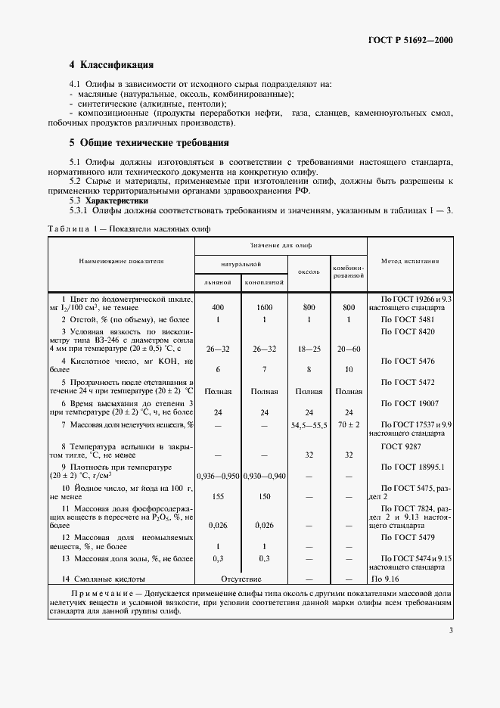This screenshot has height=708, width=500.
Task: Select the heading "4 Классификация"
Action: coord(111,66)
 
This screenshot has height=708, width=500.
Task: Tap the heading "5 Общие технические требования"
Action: coord(149,142)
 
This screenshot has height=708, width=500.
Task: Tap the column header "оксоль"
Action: coord(309,270)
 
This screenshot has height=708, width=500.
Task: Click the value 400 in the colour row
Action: coord(218,308)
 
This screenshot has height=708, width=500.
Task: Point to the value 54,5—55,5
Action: coord(309,426)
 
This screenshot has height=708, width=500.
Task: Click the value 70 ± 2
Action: coord(349,426)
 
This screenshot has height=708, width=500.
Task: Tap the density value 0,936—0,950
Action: coord(218,477)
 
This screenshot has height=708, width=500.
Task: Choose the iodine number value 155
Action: coord(218,498)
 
